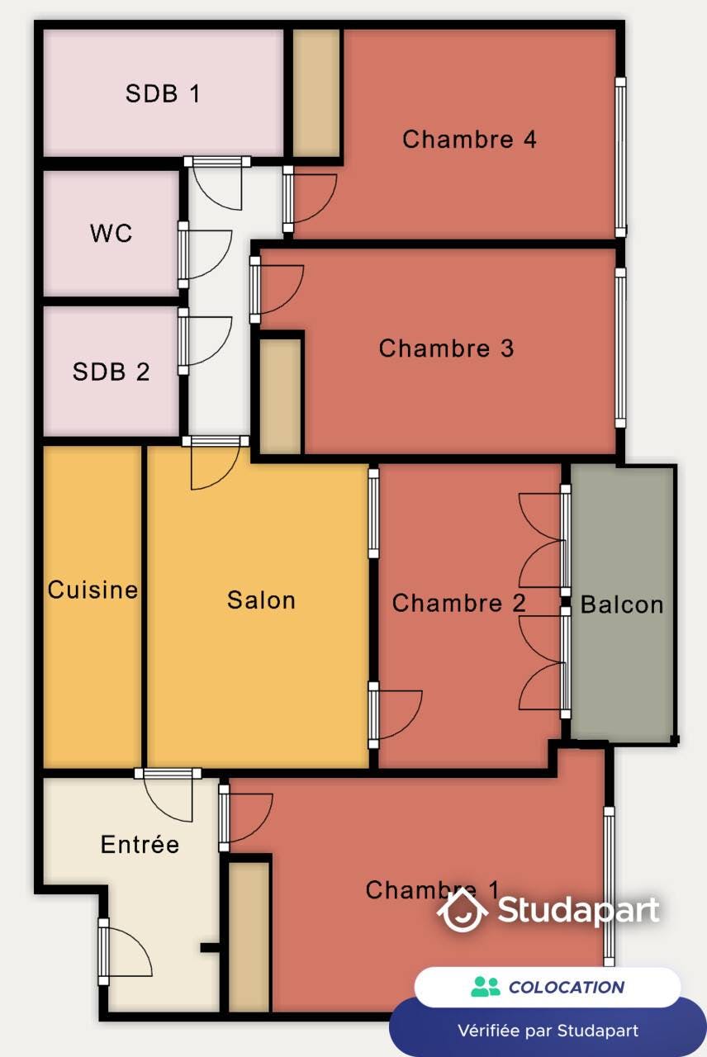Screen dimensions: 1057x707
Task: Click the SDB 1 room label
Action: (x=163, y=93)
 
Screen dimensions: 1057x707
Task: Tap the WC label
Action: (x=111, y=233)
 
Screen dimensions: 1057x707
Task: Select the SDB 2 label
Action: (x=112, y=372)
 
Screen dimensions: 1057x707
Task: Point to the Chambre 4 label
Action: (x=469, y=139)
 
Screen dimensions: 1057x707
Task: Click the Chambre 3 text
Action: (x=446, y=348)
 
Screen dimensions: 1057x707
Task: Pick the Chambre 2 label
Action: (x=458, y=603)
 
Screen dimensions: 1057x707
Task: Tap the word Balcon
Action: (x=622, y=604)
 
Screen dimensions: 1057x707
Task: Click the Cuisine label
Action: (x=93, y=590)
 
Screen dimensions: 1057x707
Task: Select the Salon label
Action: (x=261, y=600)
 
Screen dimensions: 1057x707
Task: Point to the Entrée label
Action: (x=140, y=845)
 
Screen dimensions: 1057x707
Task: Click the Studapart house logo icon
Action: (x=463, y=910)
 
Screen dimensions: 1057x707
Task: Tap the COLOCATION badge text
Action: (x=566, y=987)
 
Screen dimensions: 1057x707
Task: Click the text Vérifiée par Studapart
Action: (x=548, y=1031)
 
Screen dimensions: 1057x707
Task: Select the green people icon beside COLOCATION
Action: (x=486, y=987)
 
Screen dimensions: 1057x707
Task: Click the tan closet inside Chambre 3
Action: (x=281, y=396)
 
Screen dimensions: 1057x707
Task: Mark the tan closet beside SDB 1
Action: (x=317, y=92)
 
